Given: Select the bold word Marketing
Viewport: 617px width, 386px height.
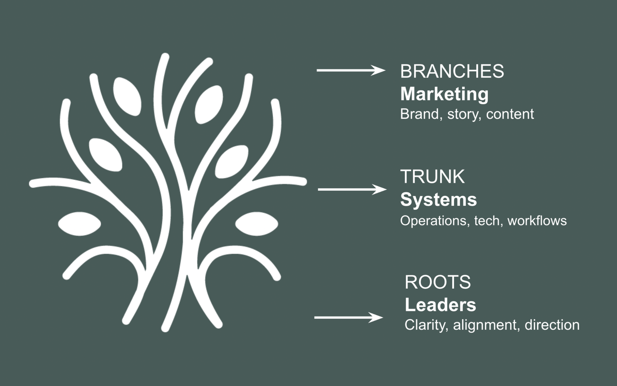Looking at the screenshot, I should (444, 94).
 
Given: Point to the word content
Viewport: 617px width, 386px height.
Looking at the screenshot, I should (510, 114).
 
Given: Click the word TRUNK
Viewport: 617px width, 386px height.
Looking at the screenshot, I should (432, 177).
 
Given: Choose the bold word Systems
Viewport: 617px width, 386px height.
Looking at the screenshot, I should (438, 199).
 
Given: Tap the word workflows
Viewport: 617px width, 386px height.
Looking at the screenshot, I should (537, 221).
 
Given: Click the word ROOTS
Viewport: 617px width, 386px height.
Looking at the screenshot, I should (437, 282).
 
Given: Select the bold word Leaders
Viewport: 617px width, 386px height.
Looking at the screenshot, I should (440, 305).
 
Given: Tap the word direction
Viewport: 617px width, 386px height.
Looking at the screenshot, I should (552, 325).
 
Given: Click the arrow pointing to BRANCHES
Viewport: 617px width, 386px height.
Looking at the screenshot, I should (351, 70).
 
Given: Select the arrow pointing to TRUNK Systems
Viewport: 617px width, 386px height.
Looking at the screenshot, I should (352, 190).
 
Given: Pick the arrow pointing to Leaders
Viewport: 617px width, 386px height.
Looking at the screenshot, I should (348, 317).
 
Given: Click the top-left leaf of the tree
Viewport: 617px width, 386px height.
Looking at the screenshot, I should (127, 96).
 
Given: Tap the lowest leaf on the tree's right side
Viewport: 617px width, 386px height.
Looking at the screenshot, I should (257, 224).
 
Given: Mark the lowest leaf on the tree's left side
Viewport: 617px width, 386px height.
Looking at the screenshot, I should (80, 224).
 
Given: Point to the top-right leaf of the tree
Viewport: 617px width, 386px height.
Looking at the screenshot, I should (209, 104).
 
